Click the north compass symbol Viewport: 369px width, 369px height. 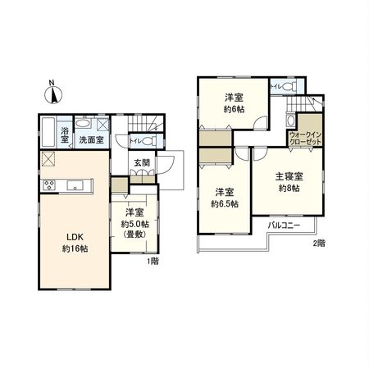click(x=52, y=93)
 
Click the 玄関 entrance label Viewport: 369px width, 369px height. click(x=142, y=162)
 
